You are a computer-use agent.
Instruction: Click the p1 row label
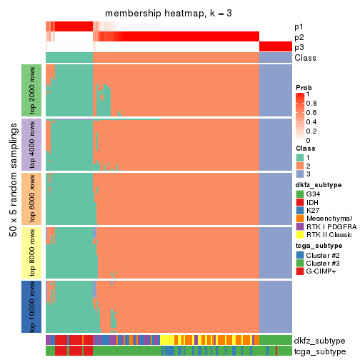pyautogui.click(x=299, y=27)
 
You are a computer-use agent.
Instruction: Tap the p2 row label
pyautogui.click(x=299, y=37)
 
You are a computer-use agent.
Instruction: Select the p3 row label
pyautogui.click(x=299, y=47)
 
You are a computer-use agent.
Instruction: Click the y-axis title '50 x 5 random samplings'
pyautogui.click(x=12, y=198)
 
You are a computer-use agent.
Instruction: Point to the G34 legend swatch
pyautogui.click(x=300, y=194)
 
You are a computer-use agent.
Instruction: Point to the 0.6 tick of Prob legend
pyautogui.click(x=311, y=112)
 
